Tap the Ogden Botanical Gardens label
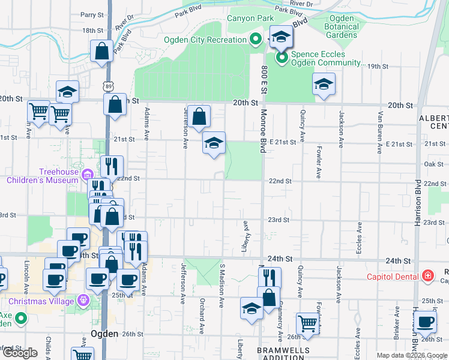pyautogui.click(x=342, y=26)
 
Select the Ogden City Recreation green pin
pyautogui.click(x=255, y=40)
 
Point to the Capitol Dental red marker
pyautogui.click(x=427, y=276)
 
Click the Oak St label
pyautogui.click(x=433, y=164)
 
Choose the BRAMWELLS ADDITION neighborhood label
pyautogui.click(x=283, y=353)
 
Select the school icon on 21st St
pyautogui.click(x=213, y=143)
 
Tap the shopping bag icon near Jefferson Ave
pyautogui.click(x=201, y=116)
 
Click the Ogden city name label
pyautogui.click(x=103, y=334)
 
